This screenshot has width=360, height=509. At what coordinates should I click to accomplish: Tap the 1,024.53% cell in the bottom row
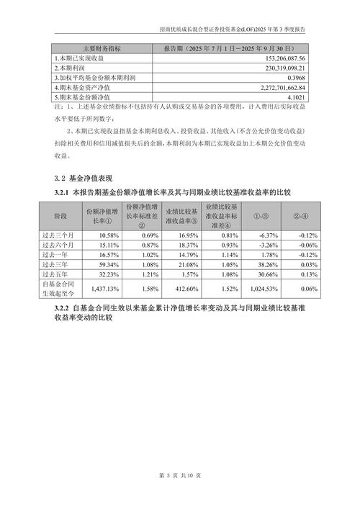(262, 288)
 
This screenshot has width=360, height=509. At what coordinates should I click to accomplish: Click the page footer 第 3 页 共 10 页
(180, 476)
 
